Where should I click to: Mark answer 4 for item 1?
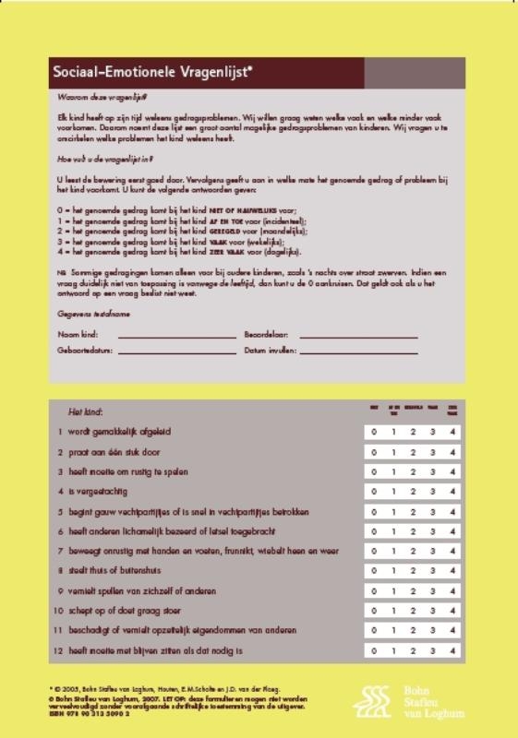pos(452,432)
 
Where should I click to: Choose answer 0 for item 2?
pos(374,453)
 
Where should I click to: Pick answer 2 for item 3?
pos(413,472)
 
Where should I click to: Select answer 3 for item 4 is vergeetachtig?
pos(433,492)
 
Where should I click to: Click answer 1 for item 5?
pos(393,512)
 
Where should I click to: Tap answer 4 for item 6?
pos(452,532)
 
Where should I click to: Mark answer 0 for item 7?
pos(374,552)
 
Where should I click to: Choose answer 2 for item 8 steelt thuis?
pos(413,571)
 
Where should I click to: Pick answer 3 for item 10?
pos(433,611)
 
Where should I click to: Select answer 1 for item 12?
pos(393,650)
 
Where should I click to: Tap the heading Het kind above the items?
pos(86,411)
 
